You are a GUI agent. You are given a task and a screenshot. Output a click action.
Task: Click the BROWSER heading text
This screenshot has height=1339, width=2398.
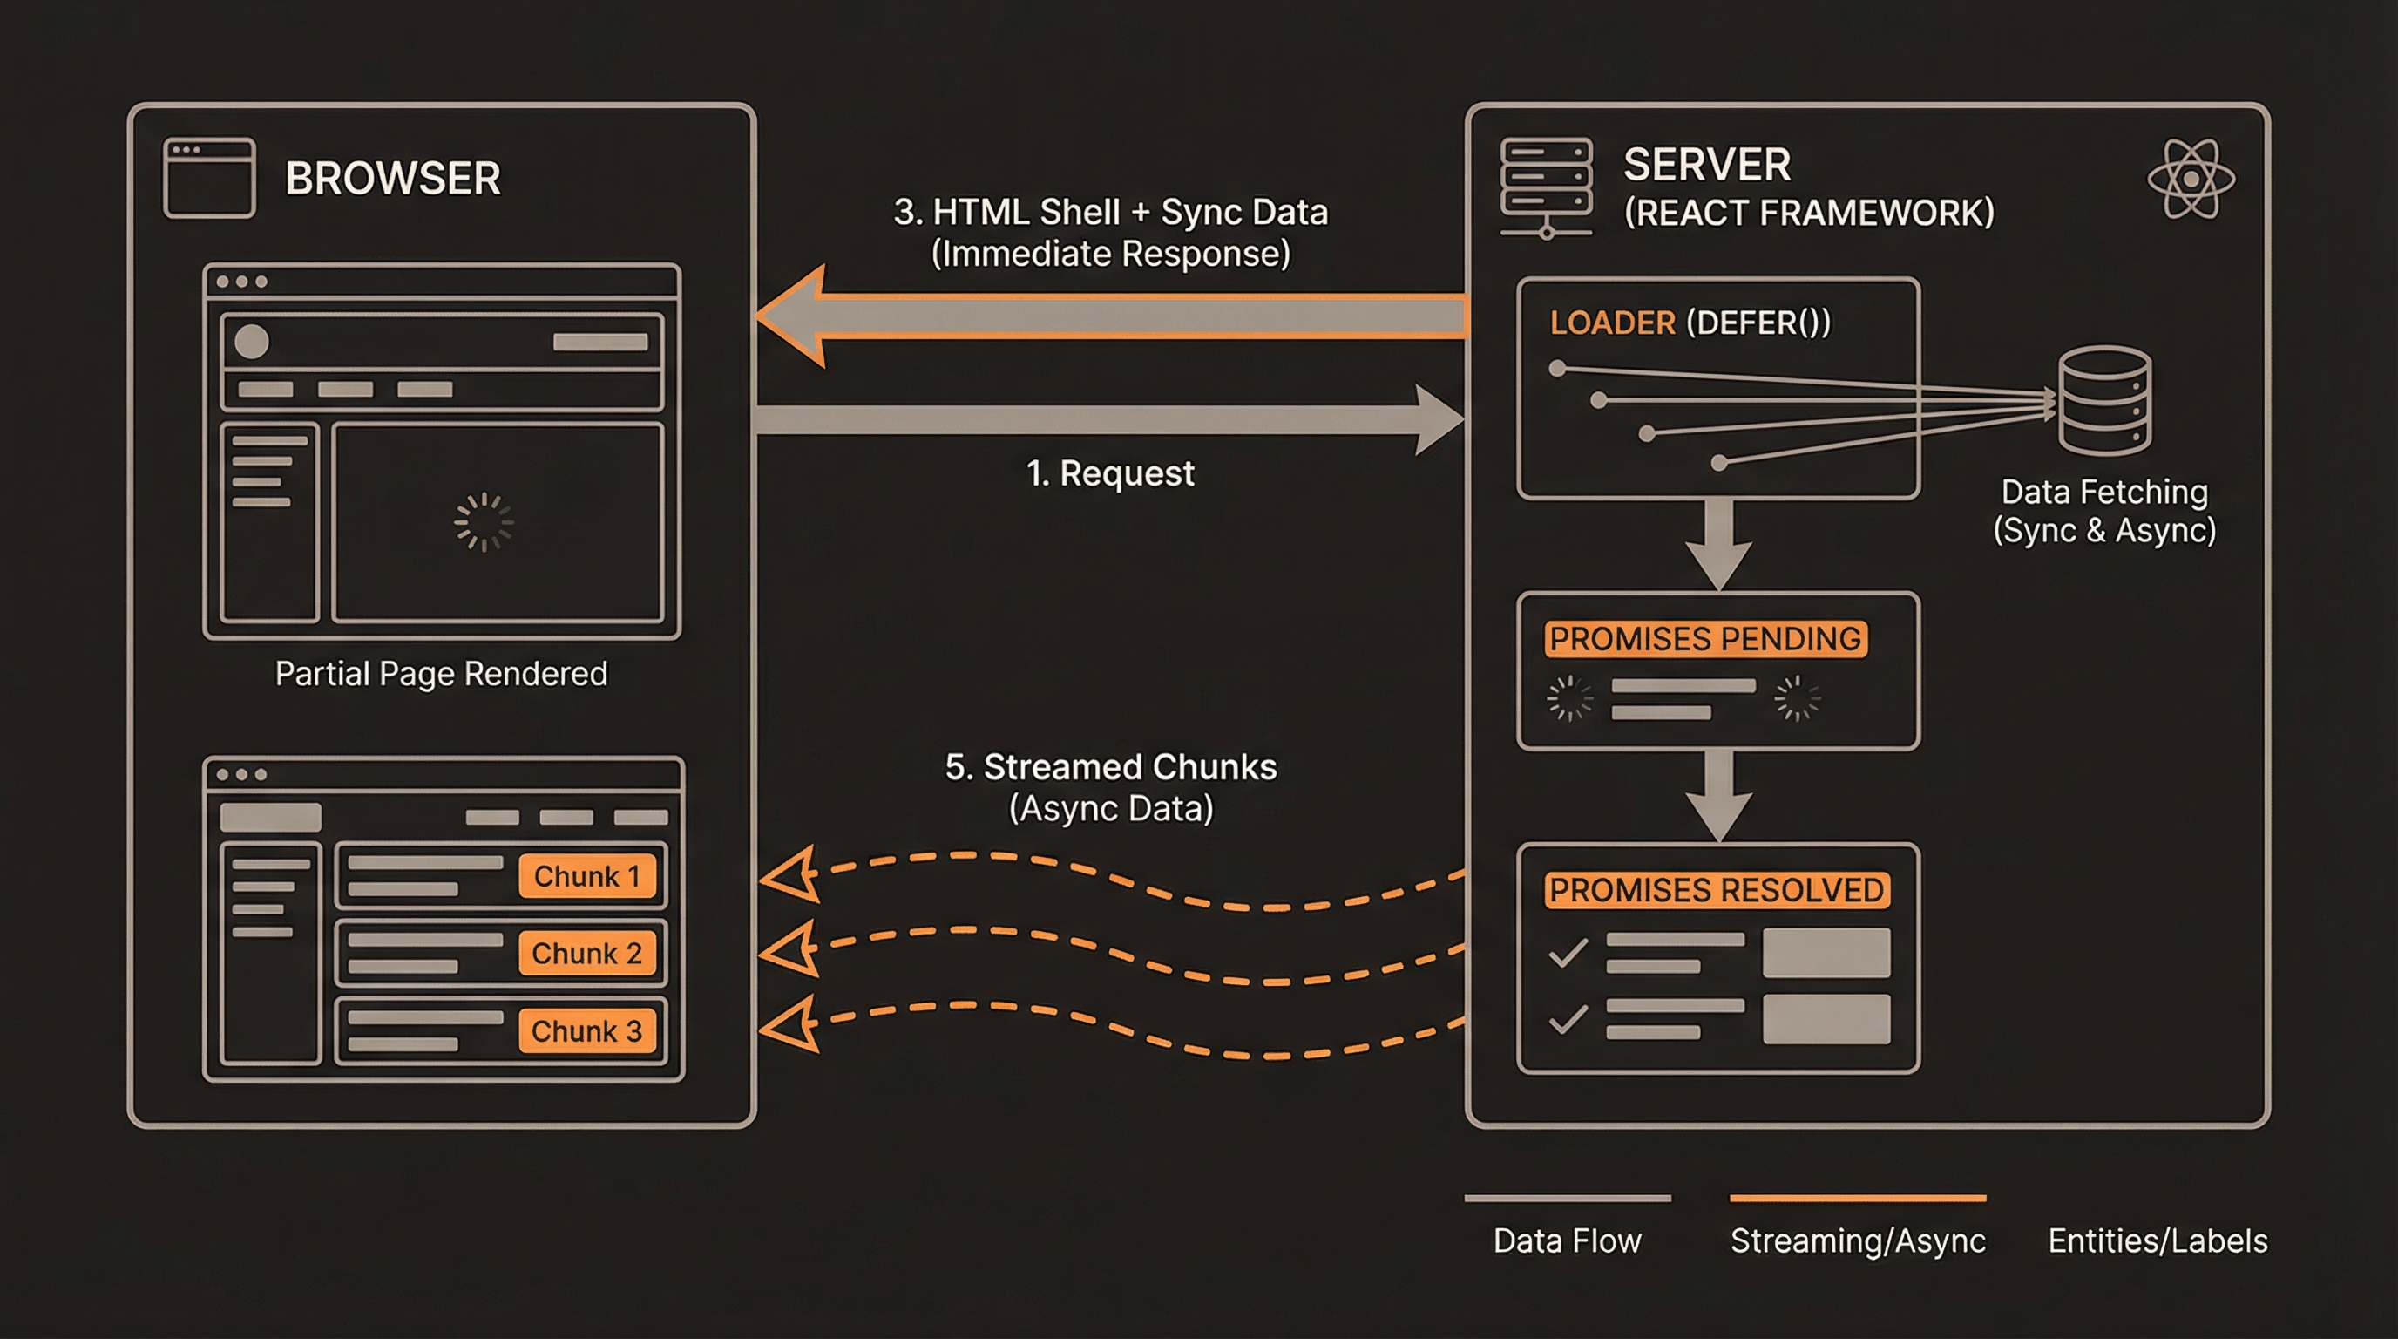tap(392, 178)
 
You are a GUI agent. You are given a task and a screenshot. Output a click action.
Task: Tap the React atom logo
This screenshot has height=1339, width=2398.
tap(2191, 179)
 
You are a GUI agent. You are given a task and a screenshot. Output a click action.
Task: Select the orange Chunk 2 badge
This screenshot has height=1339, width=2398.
tap(587, 954)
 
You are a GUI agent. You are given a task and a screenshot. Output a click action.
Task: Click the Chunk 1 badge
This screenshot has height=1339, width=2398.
tap(587, 876)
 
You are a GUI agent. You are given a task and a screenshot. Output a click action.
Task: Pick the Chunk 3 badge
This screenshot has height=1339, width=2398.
tap(587, 1030)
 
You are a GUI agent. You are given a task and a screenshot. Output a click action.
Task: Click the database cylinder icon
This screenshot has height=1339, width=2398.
tap(2103, 400)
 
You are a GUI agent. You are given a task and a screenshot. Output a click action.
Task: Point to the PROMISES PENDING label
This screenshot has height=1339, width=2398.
tap(1705, 639)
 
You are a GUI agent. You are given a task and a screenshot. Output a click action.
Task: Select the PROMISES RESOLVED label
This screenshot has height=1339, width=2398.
tap(1717, 890)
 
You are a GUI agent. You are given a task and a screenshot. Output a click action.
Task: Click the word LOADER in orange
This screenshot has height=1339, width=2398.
tap(1612, 323)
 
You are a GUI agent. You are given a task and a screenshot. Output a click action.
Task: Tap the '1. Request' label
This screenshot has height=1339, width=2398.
tap(1109, 473)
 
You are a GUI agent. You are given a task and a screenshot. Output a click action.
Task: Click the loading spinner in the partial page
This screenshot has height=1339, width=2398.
tap(483, 522)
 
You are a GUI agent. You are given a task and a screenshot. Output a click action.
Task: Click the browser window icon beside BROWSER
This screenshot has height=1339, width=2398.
tap(209, 178)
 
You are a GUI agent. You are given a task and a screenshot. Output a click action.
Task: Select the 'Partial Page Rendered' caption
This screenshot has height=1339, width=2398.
tap(441, 673)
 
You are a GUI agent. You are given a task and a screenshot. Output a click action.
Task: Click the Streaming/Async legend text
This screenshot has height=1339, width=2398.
tap(1857, 1240)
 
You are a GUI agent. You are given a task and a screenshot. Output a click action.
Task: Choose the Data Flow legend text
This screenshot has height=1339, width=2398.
tap(1567, 1240)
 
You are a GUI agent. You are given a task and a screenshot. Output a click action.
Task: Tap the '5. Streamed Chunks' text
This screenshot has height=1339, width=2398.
tap(1111, 767)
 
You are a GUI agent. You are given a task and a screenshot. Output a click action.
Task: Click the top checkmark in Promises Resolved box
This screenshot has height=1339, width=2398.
tap(1568, 953)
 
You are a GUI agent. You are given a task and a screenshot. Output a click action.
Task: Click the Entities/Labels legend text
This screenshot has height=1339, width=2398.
tap(2157, 1240)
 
